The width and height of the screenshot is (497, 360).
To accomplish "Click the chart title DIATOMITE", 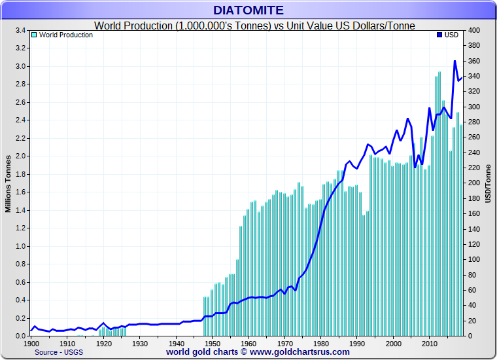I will (248, 10).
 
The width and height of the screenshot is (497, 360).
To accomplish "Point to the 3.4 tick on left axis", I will (20, 31).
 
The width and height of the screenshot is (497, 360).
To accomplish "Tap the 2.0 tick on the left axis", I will (20, 156).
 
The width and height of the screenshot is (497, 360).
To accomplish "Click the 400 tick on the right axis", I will (474, 31).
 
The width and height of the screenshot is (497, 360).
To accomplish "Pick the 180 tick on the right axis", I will (474, 198).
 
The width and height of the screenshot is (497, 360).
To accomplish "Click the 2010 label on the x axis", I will (429, 343).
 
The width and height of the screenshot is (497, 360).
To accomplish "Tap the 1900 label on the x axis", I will (31, 343).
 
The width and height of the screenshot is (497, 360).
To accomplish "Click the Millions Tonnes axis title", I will (9, 183).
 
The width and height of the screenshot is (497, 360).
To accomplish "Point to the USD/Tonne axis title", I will (488, 183).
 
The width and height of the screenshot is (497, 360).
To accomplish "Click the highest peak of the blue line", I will (454, 62).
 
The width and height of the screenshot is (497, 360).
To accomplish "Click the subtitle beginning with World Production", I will (255, 26).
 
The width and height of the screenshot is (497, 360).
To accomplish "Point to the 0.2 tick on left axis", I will (20, 318).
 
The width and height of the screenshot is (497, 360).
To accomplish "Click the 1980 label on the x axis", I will (320, 343).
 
